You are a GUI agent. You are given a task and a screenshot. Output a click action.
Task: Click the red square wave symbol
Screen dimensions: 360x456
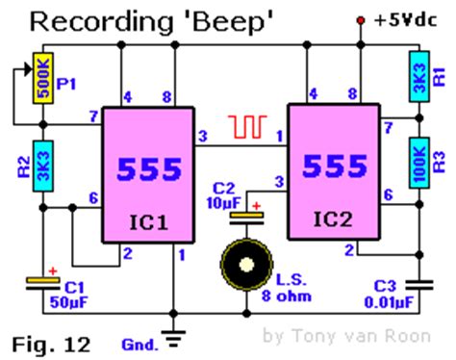pos(243,124)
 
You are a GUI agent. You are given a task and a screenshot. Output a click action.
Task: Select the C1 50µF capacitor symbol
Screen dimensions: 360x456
pos(42,281)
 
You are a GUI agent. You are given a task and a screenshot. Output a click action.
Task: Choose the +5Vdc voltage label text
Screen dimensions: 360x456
pos(406,19)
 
